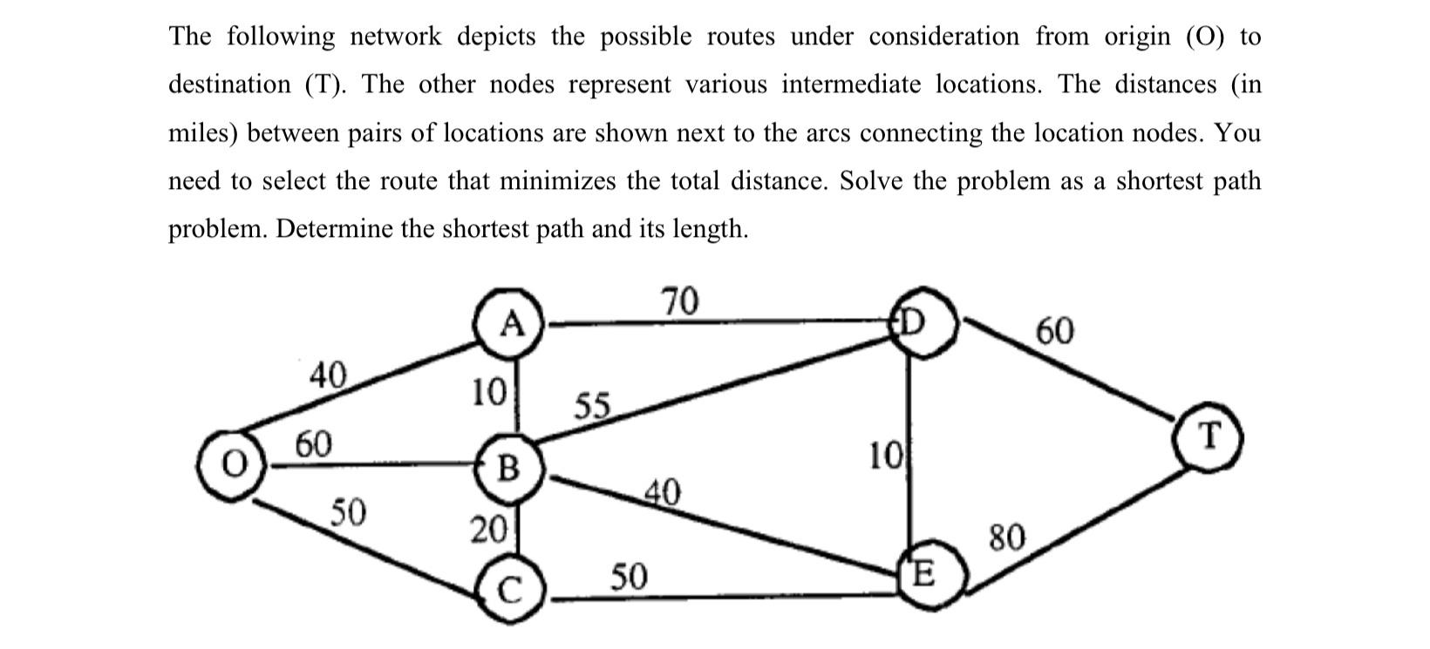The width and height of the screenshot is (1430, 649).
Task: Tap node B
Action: tap(509, 469)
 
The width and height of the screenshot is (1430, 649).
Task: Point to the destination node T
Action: tap(1208, 435)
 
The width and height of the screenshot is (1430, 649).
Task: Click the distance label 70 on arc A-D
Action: tap(680, 301)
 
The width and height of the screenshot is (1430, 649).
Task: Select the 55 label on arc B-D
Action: tap(594, 407)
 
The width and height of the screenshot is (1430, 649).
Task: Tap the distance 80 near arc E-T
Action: tap(1008, 537)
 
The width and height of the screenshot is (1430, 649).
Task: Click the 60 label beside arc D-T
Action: tap(1055, 331)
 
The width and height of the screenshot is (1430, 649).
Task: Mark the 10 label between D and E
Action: tap(886, 456)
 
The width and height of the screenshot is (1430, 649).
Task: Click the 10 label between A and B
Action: tap(489, 392)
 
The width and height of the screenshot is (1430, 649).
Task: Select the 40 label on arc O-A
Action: tap(328, 375)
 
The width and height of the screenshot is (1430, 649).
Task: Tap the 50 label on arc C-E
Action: tap(629, 576)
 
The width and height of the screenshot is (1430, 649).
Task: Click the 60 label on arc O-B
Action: tap(314, 443)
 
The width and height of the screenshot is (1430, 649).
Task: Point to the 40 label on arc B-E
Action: tap(662, 492)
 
